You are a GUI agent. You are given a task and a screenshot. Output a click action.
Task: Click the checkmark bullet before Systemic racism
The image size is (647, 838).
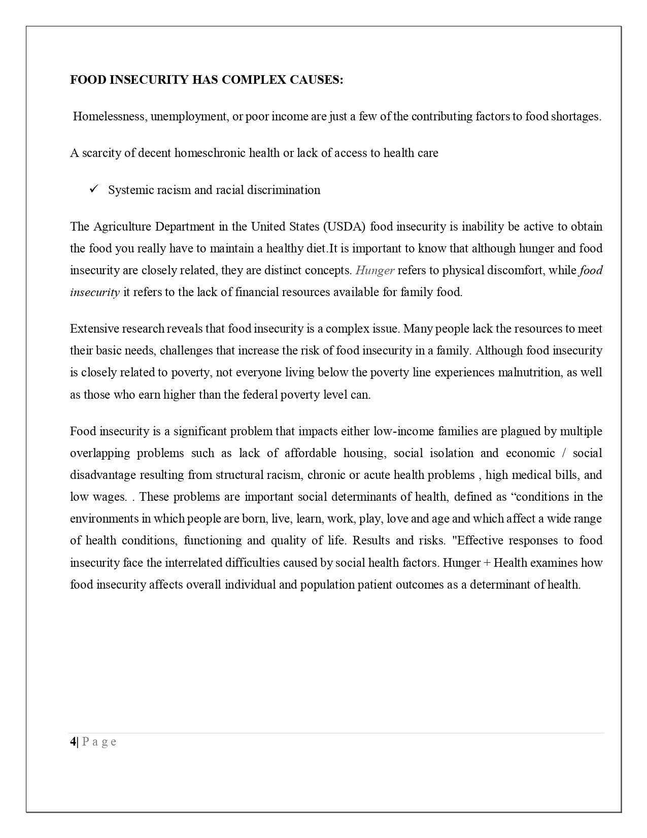click(x=94, y=189)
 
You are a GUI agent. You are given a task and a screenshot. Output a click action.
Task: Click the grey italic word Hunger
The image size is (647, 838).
click(x=375, y=270)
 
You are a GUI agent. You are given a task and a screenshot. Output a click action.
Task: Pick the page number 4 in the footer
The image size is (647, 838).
click(x=73, y=742)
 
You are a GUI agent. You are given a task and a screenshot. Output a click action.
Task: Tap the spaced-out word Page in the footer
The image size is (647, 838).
click(x=99, y=742)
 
